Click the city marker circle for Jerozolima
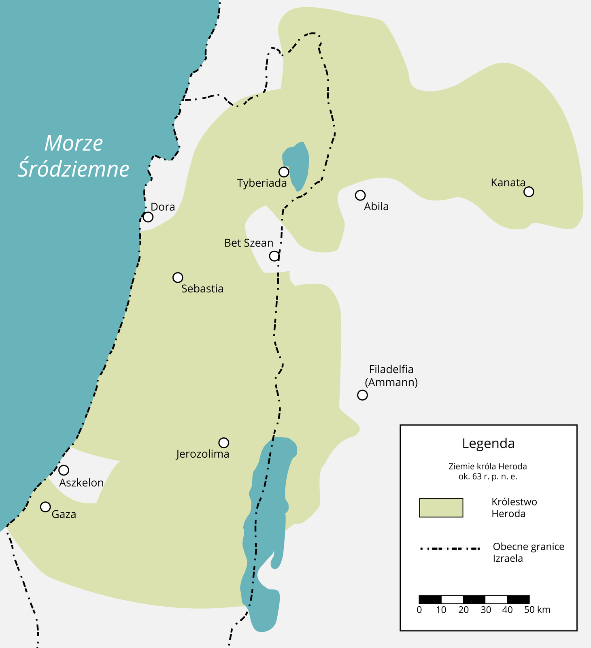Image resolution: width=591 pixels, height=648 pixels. (x=223, y=442)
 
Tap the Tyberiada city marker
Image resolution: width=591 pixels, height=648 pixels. (x=284, y=172)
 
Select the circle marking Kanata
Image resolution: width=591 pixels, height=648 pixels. (x=529, y=192)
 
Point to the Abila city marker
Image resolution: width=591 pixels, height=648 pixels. (x=360, y=195)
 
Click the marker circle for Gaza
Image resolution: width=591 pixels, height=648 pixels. (x=45, y=507)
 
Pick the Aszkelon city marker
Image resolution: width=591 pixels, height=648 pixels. (x=64, y=470)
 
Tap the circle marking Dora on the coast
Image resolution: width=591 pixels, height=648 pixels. (x=148, y=217)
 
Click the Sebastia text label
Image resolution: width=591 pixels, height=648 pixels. (x=202, y=289)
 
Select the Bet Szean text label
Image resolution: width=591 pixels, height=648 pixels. (x=249, y=243)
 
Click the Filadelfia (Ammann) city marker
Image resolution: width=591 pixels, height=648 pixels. (x=362, y=395)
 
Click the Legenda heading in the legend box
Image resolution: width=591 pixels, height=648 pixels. (x=488, y=443)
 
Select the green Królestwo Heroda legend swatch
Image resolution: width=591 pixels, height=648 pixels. (x=441, y=507)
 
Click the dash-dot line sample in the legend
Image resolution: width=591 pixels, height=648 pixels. (x=449, y=549)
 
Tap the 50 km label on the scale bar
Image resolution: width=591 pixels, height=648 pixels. (x=537, y=610)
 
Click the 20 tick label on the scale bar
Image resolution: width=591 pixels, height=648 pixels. (x=463, y=610)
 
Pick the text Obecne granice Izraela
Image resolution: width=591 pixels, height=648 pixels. (x=528, y=552)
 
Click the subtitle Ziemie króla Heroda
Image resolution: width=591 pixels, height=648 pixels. (x=487, y=466)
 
